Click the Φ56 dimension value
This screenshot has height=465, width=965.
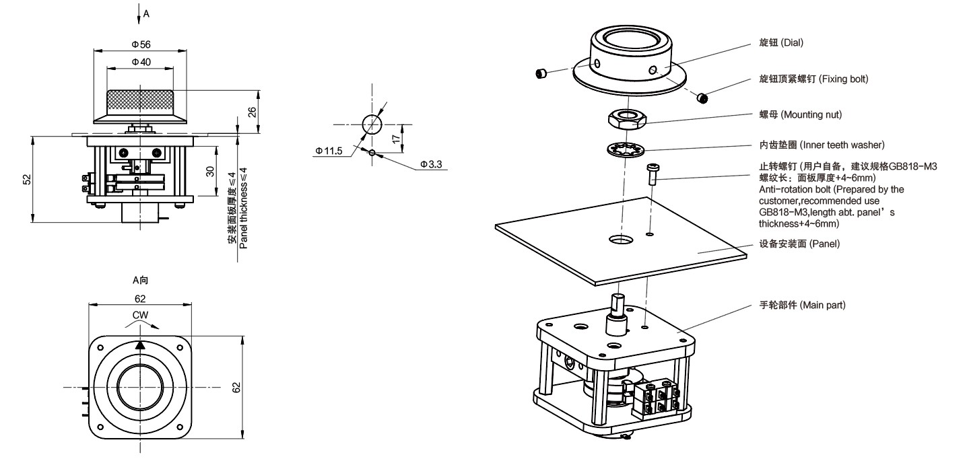[x=141, y=44]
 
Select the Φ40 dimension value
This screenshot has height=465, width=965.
[x=141, y=62]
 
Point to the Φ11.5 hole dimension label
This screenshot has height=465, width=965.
[x=329, y=151]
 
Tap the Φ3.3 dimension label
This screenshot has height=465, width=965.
[x=431, y=164]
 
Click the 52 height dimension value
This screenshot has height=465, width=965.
[x=27, y=180]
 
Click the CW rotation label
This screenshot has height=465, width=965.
[x=140, y=315]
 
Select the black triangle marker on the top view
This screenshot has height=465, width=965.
[x=140, y=345]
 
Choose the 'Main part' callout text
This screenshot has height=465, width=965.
[x=802, y=306]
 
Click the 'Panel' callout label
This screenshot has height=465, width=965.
[x=801, y=244]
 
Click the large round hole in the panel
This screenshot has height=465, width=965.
[x=621, y=240]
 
